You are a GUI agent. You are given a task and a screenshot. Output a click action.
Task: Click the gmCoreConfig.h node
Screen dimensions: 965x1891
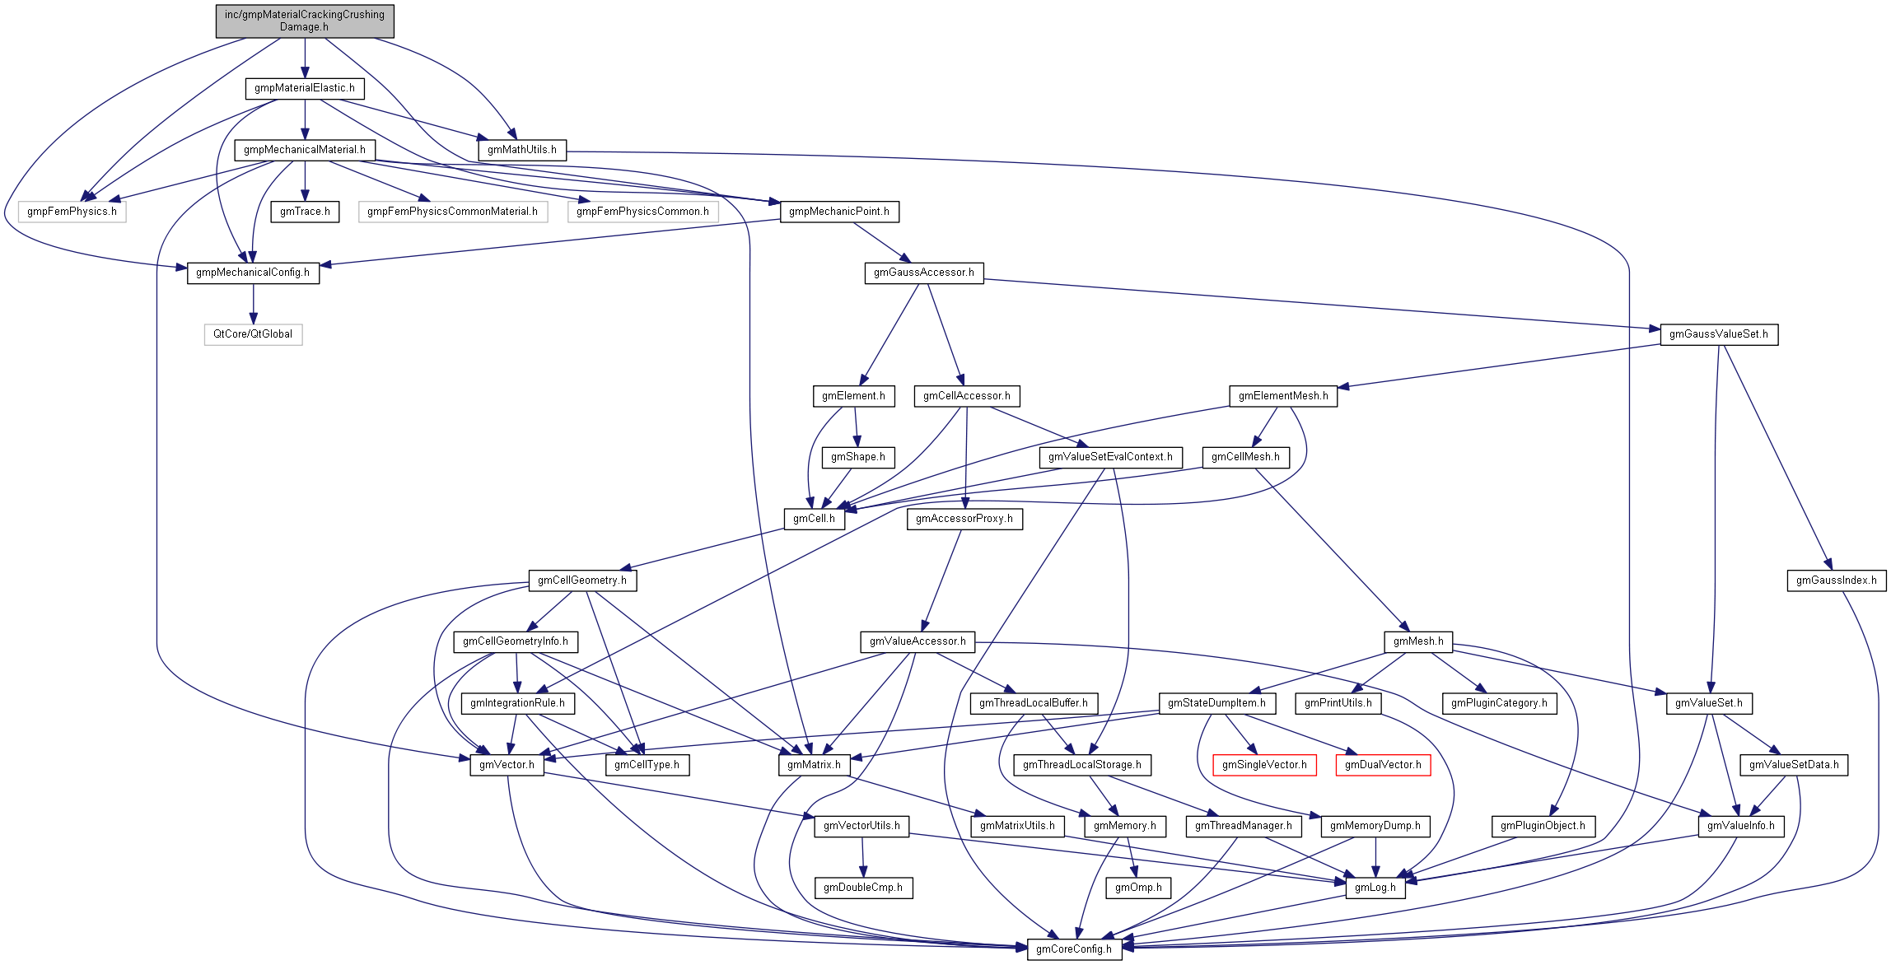[1073, 949]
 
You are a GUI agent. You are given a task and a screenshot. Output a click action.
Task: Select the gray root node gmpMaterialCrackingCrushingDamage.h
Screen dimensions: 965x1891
[305, 21]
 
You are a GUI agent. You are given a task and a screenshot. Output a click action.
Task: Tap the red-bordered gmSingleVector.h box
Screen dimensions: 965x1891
[1264, 764]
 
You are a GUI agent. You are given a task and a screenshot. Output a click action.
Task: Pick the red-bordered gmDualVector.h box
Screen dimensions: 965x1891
[1383, 764]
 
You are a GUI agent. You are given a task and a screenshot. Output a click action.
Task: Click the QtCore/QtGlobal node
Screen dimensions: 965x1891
[253, 333]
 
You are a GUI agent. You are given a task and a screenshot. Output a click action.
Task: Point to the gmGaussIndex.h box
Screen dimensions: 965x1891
[1836, 580]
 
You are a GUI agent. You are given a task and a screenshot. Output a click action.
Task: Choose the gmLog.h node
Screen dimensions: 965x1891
[1375, 887]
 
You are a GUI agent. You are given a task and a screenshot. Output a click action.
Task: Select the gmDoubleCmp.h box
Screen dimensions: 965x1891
[863, 887]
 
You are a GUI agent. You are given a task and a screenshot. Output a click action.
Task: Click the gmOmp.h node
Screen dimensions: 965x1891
[1138, 887]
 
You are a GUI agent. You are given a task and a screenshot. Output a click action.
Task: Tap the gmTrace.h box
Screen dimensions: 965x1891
[305, 211]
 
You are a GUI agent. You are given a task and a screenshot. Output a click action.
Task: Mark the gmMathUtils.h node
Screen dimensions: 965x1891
[522, 149]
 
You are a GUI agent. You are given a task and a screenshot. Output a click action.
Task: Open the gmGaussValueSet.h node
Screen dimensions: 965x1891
[1718, 333]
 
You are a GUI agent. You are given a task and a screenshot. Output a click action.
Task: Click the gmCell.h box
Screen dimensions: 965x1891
[814, 518]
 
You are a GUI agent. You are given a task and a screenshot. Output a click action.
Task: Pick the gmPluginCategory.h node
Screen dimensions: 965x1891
[1499, 702]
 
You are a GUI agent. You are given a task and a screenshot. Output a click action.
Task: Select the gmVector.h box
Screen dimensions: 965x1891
[507, 764]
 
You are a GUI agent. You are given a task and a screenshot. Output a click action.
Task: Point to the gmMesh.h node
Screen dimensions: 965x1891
[1418, 641]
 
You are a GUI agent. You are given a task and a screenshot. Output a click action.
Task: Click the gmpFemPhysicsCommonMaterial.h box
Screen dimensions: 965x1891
[452, 211]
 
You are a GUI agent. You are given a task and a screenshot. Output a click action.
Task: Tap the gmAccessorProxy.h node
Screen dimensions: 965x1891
[964, 518]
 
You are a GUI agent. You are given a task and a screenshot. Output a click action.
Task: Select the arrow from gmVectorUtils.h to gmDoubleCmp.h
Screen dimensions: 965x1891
[862, 856]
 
